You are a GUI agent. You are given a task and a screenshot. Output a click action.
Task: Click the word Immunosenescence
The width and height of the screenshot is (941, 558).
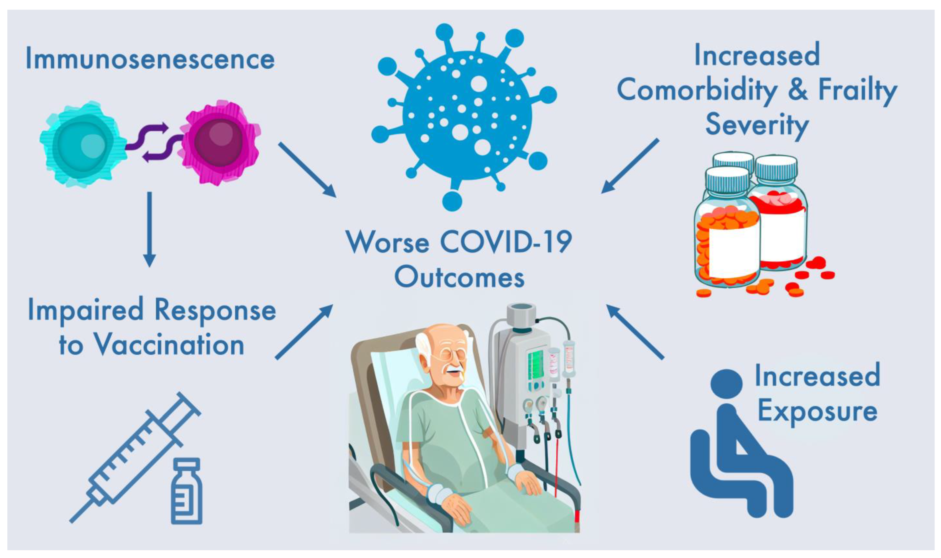(x=150, y=59)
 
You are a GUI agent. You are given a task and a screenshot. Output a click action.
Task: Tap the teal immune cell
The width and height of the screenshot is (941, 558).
(x=83, y=144)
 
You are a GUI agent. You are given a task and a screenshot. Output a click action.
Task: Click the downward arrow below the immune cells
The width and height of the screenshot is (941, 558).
(x=149, y=229)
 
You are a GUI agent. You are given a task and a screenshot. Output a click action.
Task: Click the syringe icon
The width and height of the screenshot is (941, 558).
(x=135, y=457)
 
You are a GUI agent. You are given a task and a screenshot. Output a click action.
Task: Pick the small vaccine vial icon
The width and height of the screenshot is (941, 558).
(x=187, y=491)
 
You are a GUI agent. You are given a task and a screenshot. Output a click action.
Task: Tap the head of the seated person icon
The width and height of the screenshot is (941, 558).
(x=726, y=384)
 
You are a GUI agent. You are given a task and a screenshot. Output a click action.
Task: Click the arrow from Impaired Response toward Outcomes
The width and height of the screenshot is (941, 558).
(x=304, y=332)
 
